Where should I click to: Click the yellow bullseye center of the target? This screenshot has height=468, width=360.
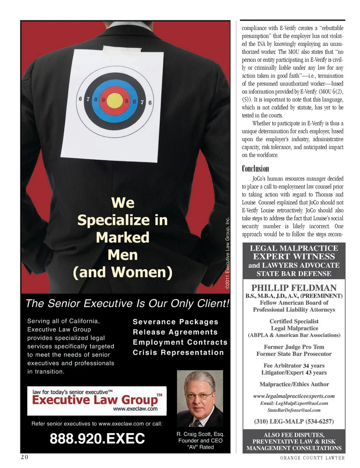114,100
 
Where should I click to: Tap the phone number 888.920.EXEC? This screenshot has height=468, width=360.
97,438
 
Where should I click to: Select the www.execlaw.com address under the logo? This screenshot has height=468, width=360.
135,409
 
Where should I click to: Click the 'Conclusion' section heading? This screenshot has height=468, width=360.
255,169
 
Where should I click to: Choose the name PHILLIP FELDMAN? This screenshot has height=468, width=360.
294,288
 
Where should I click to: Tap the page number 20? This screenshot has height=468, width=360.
24,457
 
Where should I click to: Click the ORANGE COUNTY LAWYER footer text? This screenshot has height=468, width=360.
312,458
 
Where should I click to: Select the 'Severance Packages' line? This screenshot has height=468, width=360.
175,322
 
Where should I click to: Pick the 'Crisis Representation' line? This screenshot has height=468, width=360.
178,353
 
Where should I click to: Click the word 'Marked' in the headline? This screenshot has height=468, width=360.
123,238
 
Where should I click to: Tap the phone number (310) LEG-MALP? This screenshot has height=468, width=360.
294,421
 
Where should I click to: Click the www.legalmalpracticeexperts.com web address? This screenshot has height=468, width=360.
294,396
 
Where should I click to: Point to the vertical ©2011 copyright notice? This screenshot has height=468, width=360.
227,253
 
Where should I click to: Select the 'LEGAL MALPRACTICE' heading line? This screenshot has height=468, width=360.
294,248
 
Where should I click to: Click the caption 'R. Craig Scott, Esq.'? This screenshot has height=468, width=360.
200,434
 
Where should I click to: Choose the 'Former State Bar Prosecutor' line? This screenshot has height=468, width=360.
294,354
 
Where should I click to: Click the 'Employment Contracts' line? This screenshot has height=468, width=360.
180,342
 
